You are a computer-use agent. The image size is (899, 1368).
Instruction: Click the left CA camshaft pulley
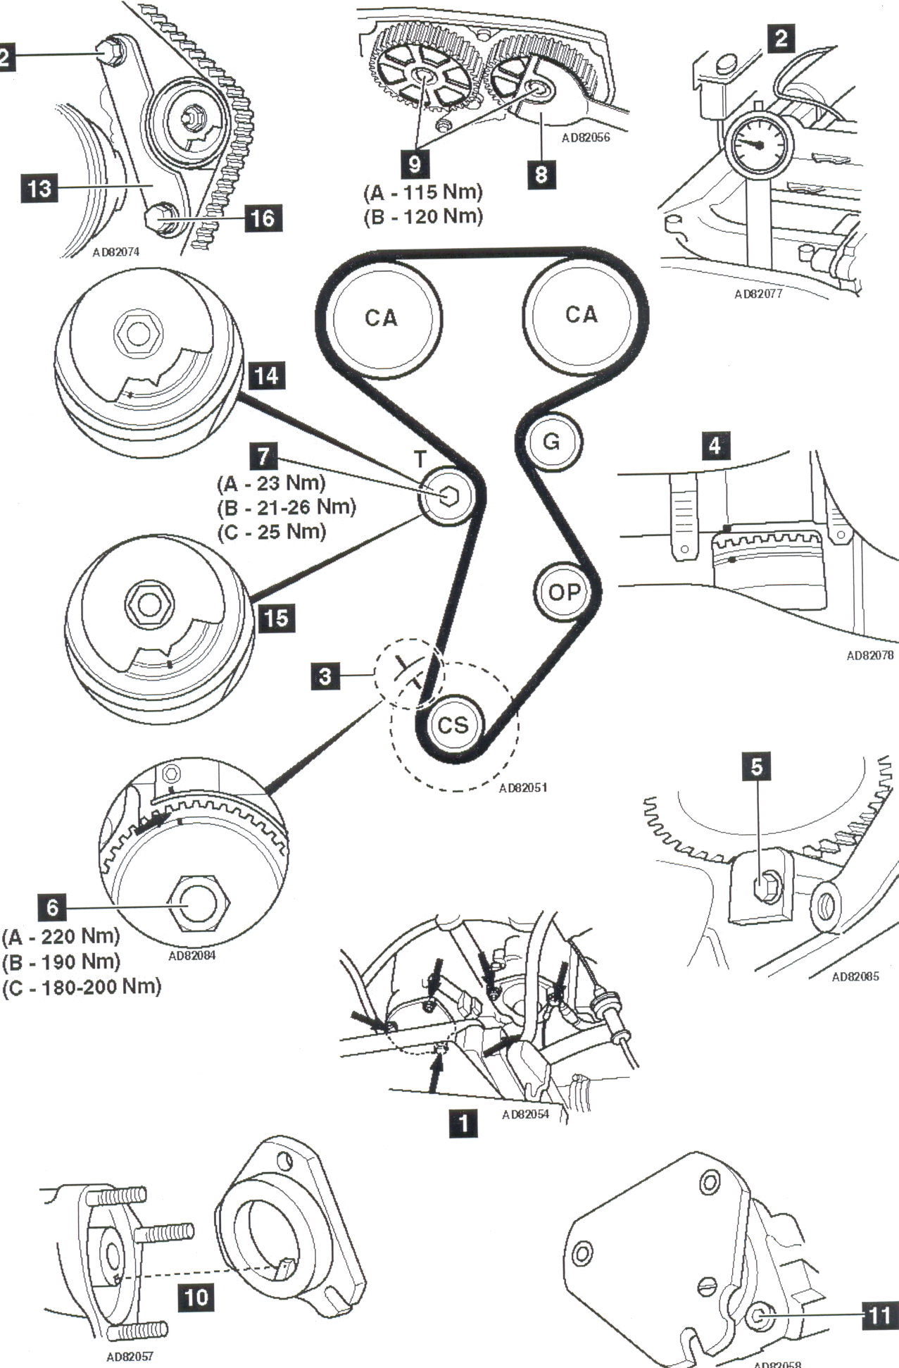click(381, 318)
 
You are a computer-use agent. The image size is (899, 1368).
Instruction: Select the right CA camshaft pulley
click(581, 314)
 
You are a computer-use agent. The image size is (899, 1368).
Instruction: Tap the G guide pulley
click(552, 442)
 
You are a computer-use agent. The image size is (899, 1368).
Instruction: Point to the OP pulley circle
click(563, 592)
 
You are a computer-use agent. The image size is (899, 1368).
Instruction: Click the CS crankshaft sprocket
click(453, 725)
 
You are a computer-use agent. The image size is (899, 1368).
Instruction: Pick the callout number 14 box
click(266, 375)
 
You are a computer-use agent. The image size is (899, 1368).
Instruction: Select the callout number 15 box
click(276, 618)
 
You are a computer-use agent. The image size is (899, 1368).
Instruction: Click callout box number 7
click(263, 456)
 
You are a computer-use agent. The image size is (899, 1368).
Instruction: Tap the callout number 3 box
click(325, 676)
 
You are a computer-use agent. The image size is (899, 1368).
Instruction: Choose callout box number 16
click(263, 218)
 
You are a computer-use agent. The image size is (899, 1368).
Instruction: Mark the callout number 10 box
click(196, 1296)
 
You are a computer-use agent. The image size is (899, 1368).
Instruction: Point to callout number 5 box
click(757, 766)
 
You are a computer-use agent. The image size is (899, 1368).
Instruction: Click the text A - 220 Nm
click(61, 936)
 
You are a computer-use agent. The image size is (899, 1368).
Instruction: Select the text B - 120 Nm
click(423, 216)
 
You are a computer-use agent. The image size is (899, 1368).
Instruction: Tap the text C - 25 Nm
click(272, 532)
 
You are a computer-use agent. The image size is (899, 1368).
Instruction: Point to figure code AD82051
click(523, 788)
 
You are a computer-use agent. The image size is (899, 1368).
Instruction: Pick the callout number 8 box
click(541, 173)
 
